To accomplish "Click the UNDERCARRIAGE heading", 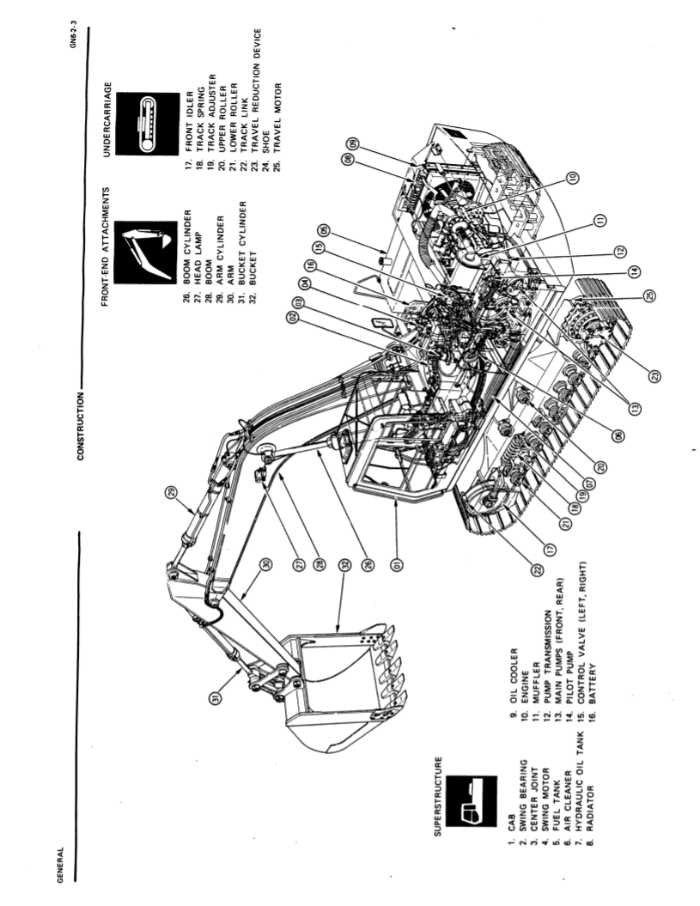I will coord(108,120).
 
